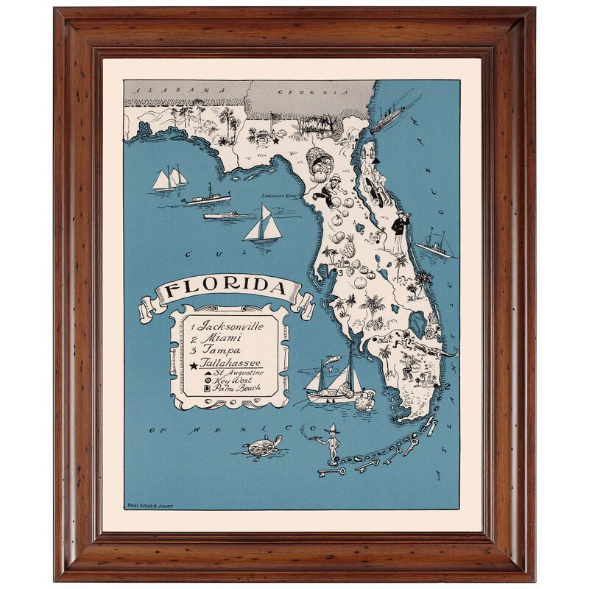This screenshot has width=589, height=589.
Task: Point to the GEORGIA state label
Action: [310, 92]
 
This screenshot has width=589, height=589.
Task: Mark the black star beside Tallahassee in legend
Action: [193, 365]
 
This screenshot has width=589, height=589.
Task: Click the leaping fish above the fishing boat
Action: [333, 361]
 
